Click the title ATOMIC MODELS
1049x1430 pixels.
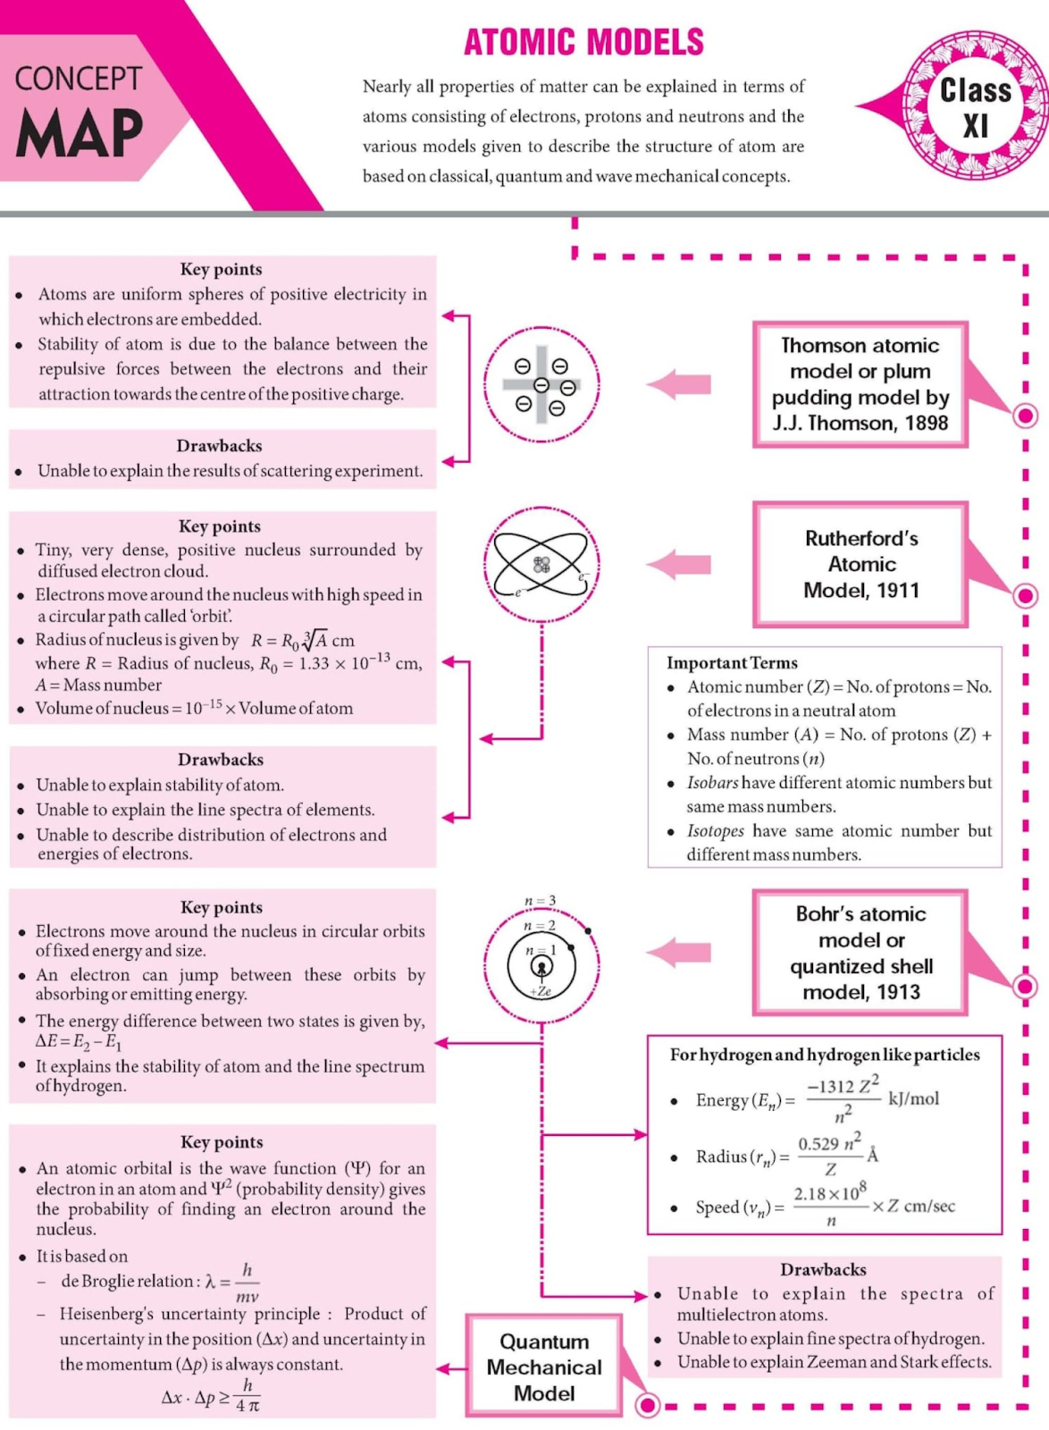click(583, 43)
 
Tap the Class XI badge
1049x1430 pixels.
click(975, 105)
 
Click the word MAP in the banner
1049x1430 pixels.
click(80, 133)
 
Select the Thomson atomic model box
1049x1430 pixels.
click(860, 384)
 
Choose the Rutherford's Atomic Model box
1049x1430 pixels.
click(860, 564)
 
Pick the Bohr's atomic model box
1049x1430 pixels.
click(860, 953)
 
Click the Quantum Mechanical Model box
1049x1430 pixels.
click(543, 1367)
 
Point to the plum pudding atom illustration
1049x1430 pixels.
click(541, 384)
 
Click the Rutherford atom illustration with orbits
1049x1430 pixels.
click(541, 564)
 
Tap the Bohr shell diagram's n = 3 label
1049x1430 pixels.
click(540, 901)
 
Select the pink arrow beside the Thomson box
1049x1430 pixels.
click(679, 384)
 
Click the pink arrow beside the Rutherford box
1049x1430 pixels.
click(679, 564)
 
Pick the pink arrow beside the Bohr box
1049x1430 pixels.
click(679, 952)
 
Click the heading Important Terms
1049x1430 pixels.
click(732, 663)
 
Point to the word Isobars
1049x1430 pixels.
click(712, 783)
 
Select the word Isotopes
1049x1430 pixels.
click(715, 831)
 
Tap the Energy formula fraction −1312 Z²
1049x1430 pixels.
click(843, 1087)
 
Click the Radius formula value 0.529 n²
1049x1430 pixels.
click(829, 1144)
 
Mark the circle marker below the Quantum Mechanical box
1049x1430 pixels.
click(648, 1406)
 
